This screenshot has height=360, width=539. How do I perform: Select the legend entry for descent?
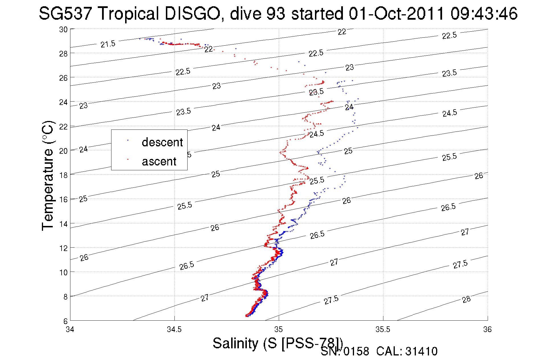point(162,142)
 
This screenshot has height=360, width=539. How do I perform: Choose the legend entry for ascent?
point(159,161)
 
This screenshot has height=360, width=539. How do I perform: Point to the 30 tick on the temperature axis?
point(63,30)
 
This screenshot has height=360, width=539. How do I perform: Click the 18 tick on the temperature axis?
point(63,175)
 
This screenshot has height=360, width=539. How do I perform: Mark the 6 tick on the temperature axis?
point(65,321)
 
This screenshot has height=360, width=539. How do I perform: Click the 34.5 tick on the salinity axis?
point(174,329)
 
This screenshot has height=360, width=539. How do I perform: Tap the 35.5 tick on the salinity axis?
point(383,329)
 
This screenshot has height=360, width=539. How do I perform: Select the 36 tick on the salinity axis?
point(487,329)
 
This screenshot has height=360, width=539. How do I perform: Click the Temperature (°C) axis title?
point(48,175)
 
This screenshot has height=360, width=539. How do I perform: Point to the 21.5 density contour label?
point(108,44)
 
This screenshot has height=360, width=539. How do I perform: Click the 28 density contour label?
point(466,299)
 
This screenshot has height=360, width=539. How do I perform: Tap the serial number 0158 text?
point(356,351)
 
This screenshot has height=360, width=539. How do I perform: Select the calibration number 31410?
point(421,351)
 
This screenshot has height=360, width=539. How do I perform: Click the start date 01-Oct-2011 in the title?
point(396,14)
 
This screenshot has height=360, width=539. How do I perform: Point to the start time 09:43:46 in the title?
point(484,14)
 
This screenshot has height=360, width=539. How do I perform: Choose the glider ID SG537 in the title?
point(65,14)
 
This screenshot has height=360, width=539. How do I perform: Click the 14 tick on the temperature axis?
point(63,224)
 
